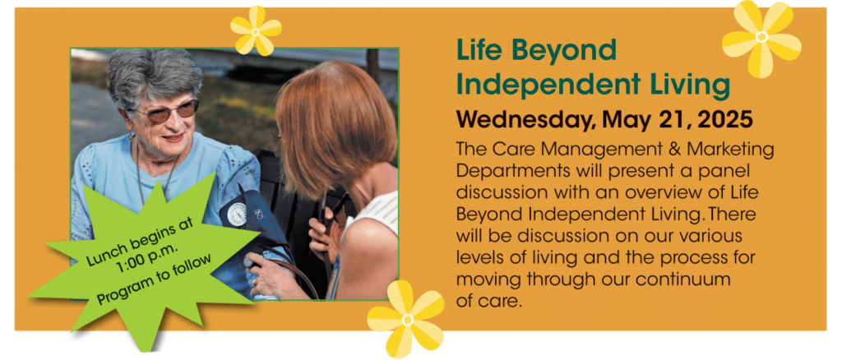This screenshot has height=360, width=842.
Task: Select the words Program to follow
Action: pos(155,279)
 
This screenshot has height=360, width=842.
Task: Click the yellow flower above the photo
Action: pos(256,32)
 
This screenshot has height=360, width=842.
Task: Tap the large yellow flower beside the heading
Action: pos(761,38)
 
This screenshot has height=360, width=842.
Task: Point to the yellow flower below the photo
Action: pos(406,319)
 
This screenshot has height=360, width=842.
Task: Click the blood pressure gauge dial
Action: pos(237,215)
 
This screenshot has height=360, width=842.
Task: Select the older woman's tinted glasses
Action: pos(166,111)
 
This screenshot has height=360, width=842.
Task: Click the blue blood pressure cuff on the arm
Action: pos(250,215)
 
